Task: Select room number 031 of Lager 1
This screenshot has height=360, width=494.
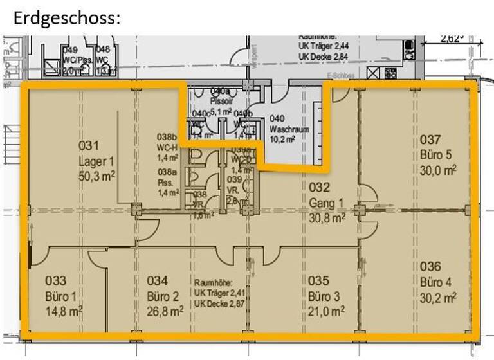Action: (x=89, y=146)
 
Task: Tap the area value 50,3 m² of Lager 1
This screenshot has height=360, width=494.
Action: (x=97, y=175)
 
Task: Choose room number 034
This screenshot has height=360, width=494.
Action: (x=157, y=281)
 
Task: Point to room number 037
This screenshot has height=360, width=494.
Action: (x=430, y=139)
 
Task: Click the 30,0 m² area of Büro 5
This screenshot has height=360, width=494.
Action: (x=438, y=170)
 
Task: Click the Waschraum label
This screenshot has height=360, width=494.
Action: (x=289, y=129)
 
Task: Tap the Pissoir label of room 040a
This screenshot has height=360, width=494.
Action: (x=221, y=102)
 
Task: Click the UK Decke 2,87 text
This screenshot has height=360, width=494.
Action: (x=219, y=302)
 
